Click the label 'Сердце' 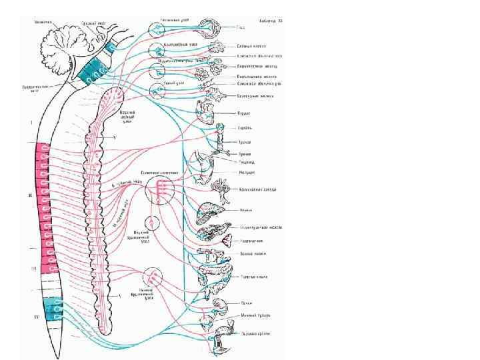tap(244, 113)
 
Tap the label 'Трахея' tap(245, 143)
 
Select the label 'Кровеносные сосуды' tap(257, 189)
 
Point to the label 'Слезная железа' tap(253, 46)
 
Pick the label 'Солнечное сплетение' tap(161, 172)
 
